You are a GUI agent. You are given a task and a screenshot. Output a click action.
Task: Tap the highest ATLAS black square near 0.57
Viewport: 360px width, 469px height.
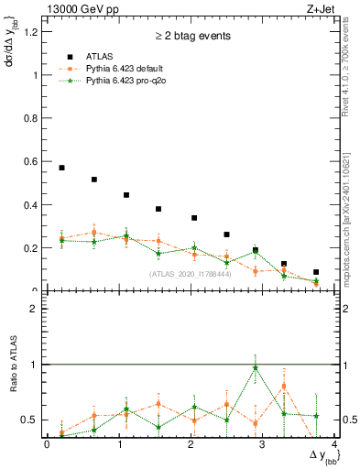click(x=61, y=168)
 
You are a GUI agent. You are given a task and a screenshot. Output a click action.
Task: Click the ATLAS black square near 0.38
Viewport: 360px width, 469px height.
click(x=158, y=209)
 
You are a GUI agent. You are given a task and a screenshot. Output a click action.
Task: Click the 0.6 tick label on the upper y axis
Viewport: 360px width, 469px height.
click(x=33, y=162)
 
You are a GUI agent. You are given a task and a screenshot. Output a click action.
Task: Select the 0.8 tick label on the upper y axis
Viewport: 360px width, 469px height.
click(x=33, y=119)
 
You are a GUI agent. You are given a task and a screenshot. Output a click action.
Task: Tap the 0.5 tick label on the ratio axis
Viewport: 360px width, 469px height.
click(x=33, y=420)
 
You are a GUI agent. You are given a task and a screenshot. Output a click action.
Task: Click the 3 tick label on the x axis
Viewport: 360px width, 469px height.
click(x=263, y=444)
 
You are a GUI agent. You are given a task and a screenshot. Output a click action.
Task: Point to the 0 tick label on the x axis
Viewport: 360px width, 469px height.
click(x=48, y=444)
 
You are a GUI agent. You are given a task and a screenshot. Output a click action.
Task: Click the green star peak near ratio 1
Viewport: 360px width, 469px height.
click(x=256, y=367)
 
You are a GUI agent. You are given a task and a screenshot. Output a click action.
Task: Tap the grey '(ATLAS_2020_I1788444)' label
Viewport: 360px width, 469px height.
click(x=191, y=273)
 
